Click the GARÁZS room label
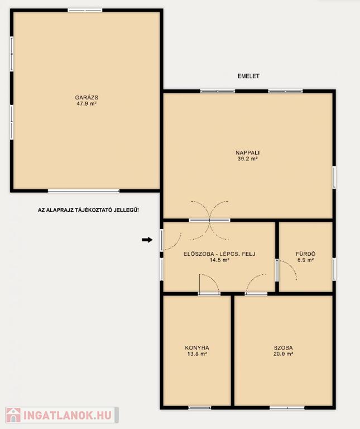87,97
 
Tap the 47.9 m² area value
87,104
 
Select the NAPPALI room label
248,152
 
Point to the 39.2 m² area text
248,159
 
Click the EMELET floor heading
248,76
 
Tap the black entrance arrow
147,240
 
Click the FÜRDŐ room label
306,254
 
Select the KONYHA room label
197,348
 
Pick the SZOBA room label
284,348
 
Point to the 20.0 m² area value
284,354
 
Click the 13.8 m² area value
197,354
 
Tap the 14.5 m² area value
219,260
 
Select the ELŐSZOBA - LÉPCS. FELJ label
219,254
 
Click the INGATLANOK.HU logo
62,415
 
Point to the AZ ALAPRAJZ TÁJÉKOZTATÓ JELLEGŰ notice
88,211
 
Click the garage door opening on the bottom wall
84,190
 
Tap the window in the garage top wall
85,11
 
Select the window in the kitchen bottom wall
200,408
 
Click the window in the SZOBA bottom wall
287,408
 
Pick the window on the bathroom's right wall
334,269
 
